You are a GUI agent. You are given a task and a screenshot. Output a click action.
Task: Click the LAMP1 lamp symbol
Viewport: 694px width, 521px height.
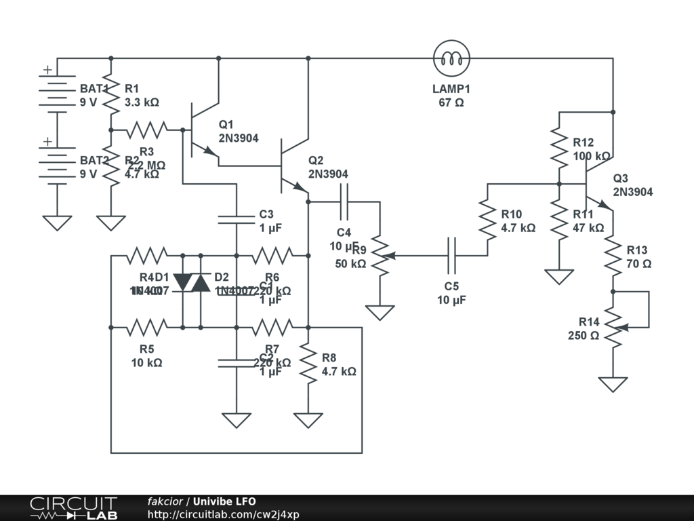pyautogui.click(x=452, y=59)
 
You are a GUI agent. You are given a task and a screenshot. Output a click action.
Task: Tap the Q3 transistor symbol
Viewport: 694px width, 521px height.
pyautogui.click(x=596, y=183)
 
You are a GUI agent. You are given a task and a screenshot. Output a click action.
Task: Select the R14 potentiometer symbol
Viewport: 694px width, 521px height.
pyautogui.click(x=615, y=327)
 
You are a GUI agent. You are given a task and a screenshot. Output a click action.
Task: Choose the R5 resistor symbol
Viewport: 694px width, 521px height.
pyautogui.click(x=146, y=328)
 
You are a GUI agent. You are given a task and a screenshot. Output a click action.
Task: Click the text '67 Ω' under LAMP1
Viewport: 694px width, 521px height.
pyautogui.click(x=451, y=103)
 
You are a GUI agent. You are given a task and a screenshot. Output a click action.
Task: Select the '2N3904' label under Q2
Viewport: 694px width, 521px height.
pyautogui.click(x=328, y=174)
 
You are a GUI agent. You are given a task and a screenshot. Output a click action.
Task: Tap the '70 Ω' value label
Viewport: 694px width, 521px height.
pyautogui.click(x=639, y=264)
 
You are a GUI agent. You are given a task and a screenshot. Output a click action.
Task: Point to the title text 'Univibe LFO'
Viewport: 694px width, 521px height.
pyautogui.click(x=224, y=501)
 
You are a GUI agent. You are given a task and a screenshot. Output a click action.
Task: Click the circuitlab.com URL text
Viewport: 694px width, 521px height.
pyautogui.click(x=223, y=514)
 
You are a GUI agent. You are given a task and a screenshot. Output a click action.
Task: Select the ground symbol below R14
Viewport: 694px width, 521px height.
pyautogui.click(x=613, y=384)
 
